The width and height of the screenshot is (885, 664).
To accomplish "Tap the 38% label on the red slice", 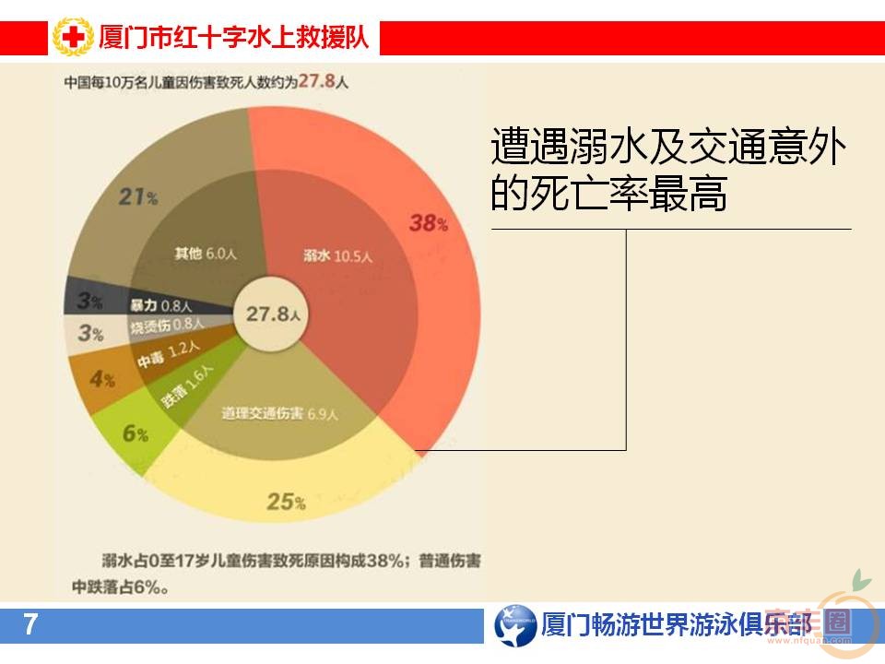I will point(429,222).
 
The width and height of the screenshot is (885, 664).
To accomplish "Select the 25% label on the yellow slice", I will point(286,502).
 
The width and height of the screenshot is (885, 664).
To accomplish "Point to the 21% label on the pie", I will point(139,196).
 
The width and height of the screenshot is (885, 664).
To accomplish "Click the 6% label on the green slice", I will point(135,433).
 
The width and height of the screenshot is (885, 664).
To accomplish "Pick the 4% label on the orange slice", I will point(102,379).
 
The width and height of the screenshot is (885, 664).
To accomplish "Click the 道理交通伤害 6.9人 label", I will point(281,413).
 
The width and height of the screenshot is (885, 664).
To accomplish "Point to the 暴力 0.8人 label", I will point(160,304).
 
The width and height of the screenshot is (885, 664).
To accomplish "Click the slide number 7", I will point(30,625).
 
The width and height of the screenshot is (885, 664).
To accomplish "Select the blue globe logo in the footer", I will point(514,625).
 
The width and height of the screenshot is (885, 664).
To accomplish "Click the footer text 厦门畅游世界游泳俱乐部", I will point(678,625).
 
